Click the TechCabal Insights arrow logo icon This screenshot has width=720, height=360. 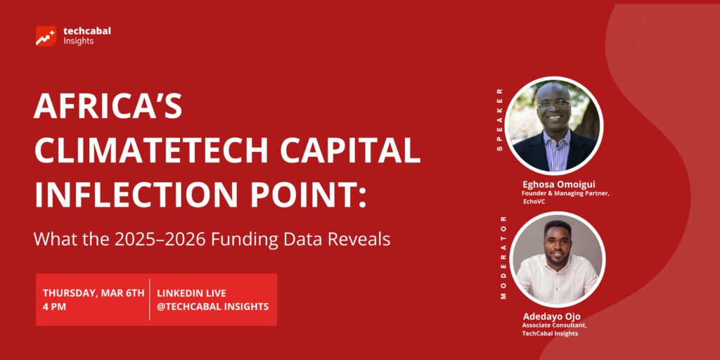coord(46,36)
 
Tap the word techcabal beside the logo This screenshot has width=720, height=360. coord(87,31)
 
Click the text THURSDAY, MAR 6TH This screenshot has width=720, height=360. coord(94,293)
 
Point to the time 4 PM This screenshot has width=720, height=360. coord(54,307)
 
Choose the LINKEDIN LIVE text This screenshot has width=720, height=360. coord(191,293)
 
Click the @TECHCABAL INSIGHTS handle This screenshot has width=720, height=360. coord(212,307)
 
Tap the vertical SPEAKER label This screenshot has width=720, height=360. coord(500,120)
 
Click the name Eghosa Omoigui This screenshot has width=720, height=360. coord(559,185)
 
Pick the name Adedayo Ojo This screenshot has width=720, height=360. coord(551,316)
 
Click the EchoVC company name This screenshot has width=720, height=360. coord(534,202)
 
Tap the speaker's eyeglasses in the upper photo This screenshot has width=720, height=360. coord(554,104)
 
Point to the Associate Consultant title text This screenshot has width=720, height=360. coord(554,326)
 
